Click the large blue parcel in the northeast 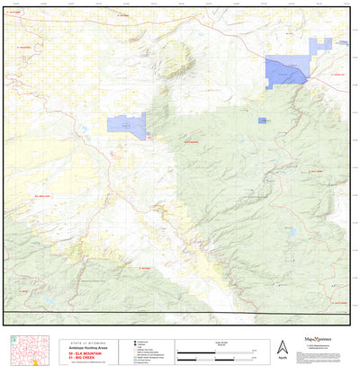coord(287,70)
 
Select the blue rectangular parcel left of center coord(126,125)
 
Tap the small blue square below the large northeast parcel coord(262,120)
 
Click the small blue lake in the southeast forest coord(292,231)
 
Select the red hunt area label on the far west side coord(41,195)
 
